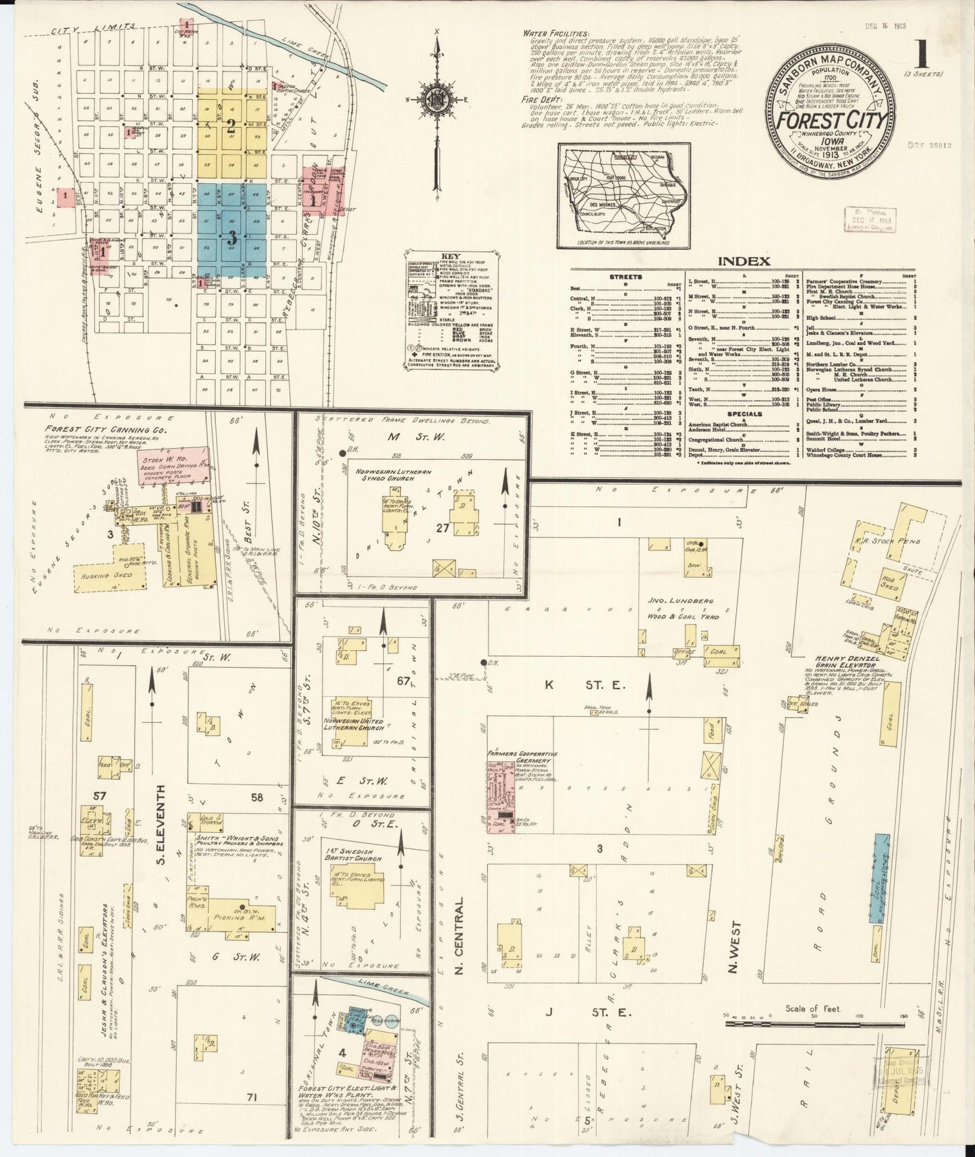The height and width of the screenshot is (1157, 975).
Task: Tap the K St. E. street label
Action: [584, 686]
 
